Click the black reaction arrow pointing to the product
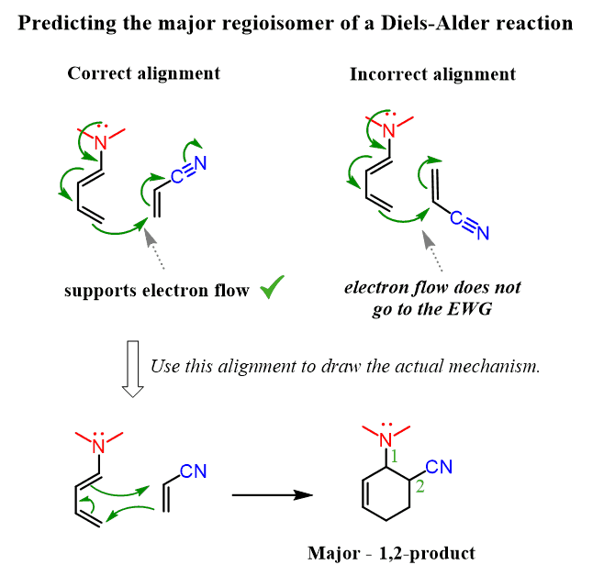click(267, 496)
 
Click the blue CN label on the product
click(440, 469)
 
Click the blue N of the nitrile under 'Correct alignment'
click(201, 164)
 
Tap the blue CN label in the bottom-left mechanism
click(193, 471)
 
